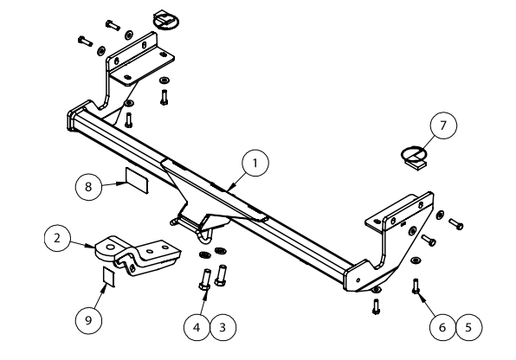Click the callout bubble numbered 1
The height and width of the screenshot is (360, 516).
(255, 164)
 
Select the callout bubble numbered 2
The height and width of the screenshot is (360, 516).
(57, 238)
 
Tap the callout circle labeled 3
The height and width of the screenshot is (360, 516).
(223, 327)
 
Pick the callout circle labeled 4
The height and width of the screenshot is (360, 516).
(197, 327)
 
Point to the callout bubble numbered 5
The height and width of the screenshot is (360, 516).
(468, 327)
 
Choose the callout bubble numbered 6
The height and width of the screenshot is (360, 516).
(442, 327)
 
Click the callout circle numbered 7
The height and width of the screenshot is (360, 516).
(443, 125)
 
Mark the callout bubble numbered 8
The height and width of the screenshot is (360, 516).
(88, 187)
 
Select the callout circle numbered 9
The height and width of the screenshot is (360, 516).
(88, 320)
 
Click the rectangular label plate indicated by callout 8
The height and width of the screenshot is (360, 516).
(137, 180)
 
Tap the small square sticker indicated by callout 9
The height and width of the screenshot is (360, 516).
(109, 276)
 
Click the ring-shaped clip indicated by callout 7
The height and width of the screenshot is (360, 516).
(414, 157)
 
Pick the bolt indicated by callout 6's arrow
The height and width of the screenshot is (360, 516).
(416, 286)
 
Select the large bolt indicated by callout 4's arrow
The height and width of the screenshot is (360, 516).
(205, 280)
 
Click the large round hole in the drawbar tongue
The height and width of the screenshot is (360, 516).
(111, 247)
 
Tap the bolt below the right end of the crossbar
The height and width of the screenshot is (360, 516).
(376, 306)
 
